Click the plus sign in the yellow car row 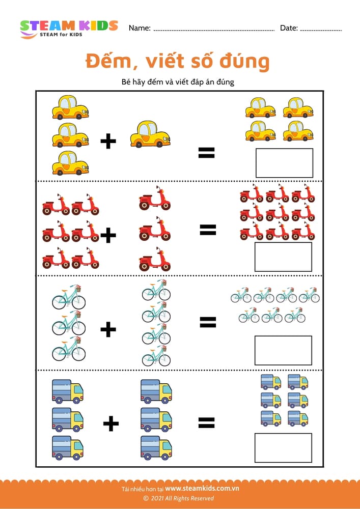click(x=108, y=141)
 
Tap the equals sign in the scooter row click(x=208, y=230)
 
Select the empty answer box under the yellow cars click(x=284, y=163)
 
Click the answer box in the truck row click(x=283, y=447)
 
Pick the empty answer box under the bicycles click(x=283, y=350)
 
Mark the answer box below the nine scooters click(x=283, y=257)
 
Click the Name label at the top click(x=139, y=28)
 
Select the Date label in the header click(x=289, y=28)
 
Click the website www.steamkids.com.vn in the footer click(x=202, y=489)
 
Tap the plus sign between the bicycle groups click(x=108, y=330)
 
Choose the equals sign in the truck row click(x=206, y=422)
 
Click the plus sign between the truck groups click(x=111, y=423)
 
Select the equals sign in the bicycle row click(x=208, y=322)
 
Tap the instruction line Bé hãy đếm click(x=178, y=81)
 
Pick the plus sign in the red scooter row click(x=108, y=236)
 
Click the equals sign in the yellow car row click(x=206, y=152)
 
